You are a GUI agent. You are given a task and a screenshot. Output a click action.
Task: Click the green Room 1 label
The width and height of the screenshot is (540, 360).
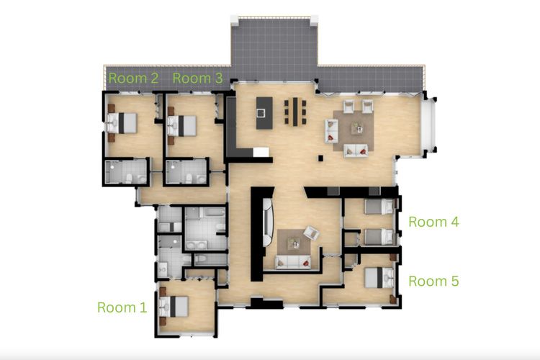coord(122,307)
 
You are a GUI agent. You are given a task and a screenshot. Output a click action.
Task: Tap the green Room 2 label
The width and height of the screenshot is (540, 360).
coord(133,78)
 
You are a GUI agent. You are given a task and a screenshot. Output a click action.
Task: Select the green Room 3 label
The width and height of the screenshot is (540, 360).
coord(197,78)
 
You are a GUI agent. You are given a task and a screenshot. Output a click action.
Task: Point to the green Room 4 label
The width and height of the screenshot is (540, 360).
coord(433,222)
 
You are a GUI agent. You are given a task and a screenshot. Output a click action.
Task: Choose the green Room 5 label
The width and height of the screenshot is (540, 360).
coord(433,281)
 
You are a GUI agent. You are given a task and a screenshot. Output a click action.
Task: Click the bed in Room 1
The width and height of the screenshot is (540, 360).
coord(175,307)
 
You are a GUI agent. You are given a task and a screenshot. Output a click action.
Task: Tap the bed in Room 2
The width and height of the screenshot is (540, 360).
coord(122,123)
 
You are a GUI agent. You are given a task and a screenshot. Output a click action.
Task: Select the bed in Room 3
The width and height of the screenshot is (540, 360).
coord(183,125)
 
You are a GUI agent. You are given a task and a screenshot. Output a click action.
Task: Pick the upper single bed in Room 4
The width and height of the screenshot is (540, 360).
coord(378,207)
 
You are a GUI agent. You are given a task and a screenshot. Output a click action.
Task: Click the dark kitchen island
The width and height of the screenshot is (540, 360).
coord(263,112)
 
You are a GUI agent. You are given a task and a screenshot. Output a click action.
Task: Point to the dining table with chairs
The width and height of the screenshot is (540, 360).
coord(295,110)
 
